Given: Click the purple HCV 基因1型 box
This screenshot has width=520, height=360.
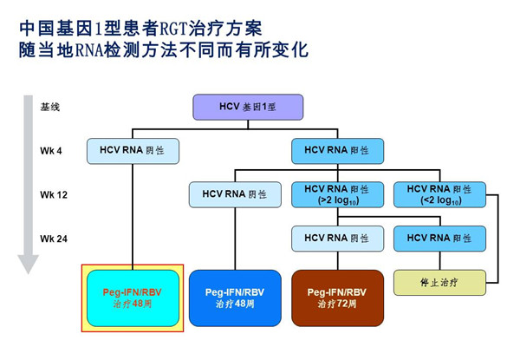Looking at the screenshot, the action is pyautogui.click(x=248, y=108).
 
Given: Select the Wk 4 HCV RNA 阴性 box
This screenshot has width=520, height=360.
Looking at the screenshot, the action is pyautogui.click(x=133, y=151).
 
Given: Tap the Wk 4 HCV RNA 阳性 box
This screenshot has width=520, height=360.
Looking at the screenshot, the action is pyautogui.click(x=338, y=151).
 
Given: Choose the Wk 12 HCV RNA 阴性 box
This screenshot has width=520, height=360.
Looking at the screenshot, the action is pyautogui.click(x=235, y=195).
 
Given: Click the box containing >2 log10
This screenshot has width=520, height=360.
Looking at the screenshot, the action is pyautogui.click(x=338, y=195).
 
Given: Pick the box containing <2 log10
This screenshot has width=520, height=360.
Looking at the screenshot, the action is pyautogui.click(x=439, y=195).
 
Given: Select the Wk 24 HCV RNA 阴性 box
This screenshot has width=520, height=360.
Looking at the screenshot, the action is pyautogui.click(x=338, y=239).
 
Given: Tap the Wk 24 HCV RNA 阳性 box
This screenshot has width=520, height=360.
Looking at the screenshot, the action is pyautogui.click(x=439, y=239).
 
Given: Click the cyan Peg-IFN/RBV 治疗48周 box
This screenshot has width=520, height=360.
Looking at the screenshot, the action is pyautogui.click(x=133, y=298).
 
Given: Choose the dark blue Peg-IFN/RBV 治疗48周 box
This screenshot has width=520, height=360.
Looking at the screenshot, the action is pyautogui.click(x=235, y=298).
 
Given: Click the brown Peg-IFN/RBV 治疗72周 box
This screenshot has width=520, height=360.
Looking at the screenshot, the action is pyautogui.click(x=338, y=298).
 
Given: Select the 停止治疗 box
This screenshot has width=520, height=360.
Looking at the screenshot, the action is pyautogui.click(x=439, y=283).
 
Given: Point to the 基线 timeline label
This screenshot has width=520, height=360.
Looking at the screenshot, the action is pyautogui.click(x=50, y=107).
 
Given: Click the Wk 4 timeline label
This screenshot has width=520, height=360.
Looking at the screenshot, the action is pyautogui.click(x=51, y=151).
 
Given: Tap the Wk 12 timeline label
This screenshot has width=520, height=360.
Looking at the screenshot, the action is pyautogui.click(x=54, y=195).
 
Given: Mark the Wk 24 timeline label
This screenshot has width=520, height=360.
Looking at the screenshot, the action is pyautogui.click(x=54, y=239).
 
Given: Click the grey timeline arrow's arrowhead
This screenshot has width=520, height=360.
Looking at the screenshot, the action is pyautogui.click(x=29, y=264).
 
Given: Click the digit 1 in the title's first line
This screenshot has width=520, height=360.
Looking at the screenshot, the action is pyautogui.click(x=98, y=29).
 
